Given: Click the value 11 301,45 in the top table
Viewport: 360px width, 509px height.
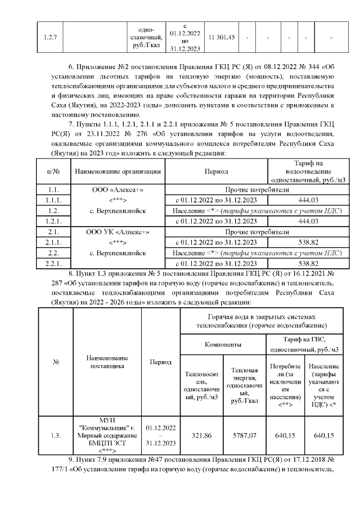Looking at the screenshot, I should [x=222, y=37].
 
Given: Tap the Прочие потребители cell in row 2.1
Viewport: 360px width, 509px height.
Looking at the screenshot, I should [x=256, y=232].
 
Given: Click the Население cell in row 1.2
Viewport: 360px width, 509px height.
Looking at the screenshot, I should [x=256, y=211].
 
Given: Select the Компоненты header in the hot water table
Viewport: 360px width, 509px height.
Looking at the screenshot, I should [x=223, y=343].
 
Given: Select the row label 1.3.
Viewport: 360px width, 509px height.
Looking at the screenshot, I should [x=56, y=435].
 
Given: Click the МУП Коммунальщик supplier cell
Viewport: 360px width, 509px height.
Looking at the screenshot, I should [x=107, y=435].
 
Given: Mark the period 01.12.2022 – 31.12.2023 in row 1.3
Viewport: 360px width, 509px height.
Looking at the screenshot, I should [x=160, y=435].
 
